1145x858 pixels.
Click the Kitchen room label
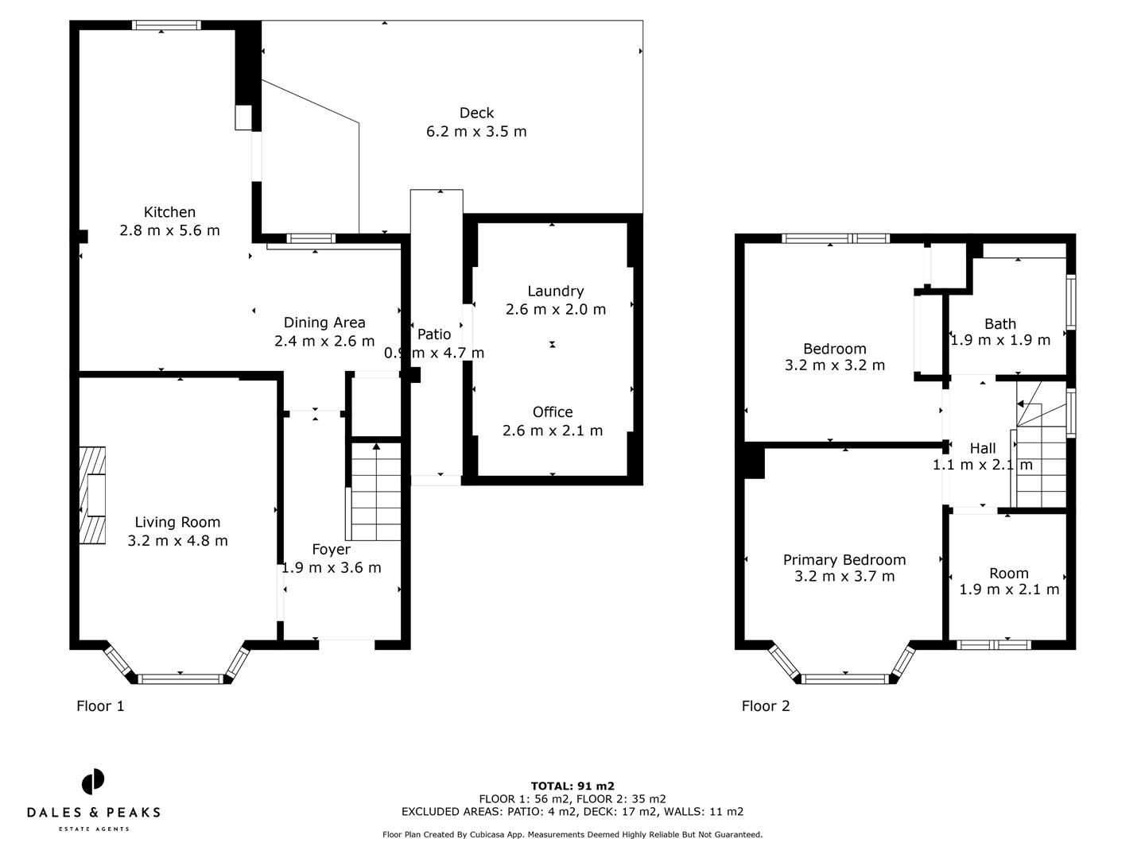[169, 212]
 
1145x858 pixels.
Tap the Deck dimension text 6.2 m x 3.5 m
[476, 132]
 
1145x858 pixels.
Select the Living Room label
[177, 522]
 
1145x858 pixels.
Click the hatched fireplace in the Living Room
[91, 495]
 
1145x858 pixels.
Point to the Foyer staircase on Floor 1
[376, 491]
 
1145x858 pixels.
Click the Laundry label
[555, 291]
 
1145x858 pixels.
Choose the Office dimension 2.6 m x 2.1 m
[553, 431]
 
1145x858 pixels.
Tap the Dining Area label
[324, 322]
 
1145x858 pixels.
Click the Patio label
[434, 334]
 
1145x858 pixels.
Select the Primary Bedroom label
[844, 559]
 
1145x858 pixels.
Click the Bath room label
[999, 323]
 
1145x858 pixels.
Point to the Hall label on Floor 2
[983, 448]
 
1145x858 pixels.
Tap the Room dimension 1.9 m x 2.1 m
[1009, 589]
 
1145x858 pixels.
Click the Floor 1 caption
[100, 705]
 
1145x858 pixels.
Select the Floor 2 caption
[766, 705]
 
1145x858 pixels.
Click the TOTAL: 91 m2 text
[572, 786]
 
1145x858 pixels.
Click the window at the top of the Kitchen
[166, 25]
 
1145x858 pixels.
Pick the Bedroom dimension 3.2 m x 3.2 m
[834, 365]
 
